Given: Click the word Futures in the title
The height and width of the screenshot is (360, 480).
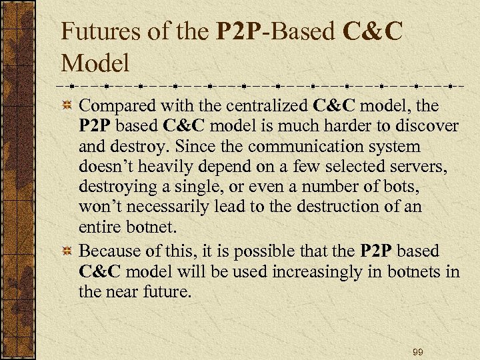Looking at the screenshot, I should pos(99,32).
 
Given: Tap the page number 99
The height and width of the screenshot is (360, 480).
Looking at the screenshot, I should pos(418,351).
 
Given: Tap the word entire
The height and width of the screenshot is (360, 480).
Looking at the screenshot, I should pos(99,226).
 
